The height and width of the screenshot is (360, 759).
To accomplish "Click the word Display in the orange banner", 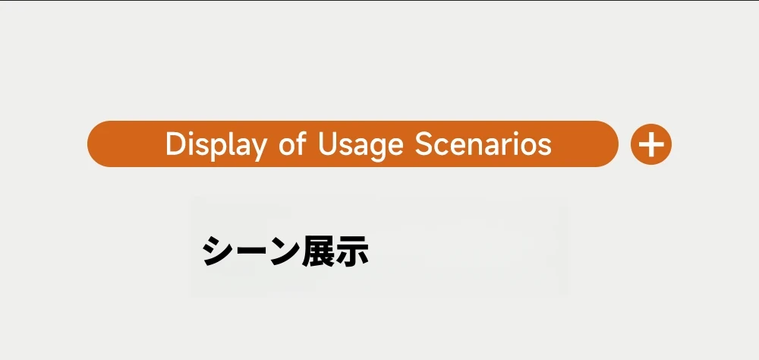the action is click(x=216, y=144).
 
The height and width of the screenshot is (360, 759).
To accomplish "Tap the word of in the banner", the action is click(x=292, y=144).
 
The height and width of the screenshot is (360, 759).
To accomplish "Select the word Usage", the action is click(x=361, y=144).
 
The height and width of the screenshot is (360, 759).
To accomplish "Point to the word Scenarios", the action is click(x=483, y=144).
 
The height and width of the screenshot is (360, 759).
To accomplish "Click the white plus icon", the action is click(x=651, y=144).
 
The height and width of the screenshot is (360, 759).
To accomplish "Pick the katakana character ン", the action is click(x=284, y=251).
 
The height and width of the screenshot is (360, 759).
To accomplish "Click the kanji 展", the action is click(x=318, y=251).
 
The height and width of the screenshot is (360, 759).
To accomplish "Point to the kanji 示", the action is click(x=352, y=251).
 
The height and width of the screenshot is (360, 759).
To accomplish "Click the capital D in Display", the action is click(x=176, y=144).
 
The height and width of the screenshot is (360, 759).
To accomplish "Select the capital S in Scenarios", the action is click(x=424, y=144).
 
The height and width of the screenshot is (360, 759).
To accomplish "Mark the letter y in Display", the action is click(x=257, y=148).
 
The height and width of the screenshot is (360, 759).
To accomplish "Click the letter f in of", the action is click(x=301, y=143).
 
